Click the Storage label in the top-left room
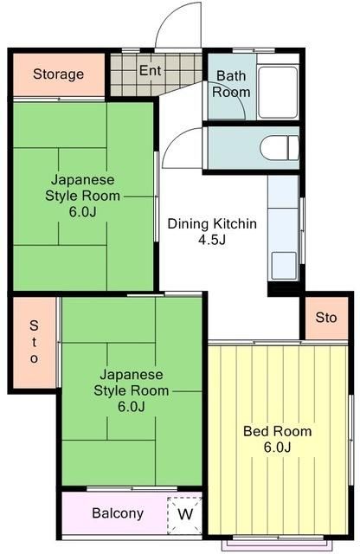(59, 74)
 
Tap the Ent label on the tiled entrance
(150, 70)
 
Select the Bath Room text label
(231, 84)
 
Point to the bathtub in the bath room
(278, 90)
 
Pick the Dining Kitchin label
(212, 223)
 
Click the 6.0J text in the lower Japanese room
(131, 407)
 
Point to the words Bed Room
(277, 431)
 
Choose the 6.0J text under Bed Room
(277, 447)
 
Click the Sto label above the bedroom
(325, 318)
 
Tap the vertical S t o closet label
(34, 342)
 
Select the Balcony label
(118, 513)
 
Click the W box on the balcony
(184, 513)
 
